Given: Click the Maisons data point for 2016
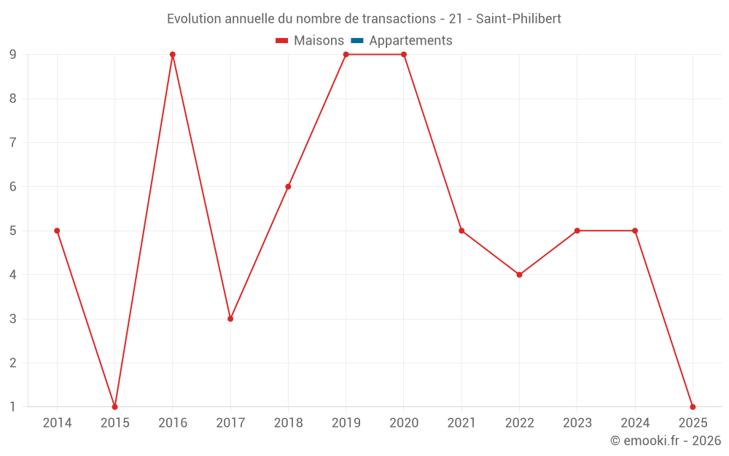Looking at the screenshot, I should click(173, 55).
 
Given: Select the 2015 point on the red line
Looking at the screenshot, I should click(114, 406).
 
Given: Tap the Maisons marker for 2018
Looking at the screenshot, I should click(288, 187).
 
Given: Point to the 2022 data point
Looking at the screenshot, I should click(519, 275).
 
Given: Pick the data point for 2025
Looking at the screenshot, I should click(693, 406).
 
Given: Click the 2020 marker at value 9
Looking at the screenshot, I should click(404, 55).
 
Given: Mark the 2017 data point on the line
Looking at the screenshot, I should click(230, 319).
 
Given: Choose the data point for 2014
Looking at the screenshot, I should click(57, 231).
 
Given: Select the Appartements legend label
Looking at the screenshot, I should click(410, 41).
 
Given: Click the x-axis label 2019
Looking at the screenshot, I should click(346, 423).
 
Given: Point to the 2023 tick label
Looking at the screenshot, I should click(577, 423).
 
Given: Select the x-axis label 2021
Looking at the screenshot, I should click(461, 423).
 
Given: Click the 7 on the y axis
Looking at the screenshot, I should click(13, 142).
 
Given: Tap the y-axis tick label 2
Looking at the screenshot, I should click(13, 363).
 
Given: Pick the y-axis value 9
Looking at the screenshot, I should click(13, 55).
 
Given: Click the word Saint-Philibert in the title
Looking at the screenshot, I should click(518, 18).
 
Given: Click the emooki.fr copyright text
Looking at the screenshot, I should click(666, 441).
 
